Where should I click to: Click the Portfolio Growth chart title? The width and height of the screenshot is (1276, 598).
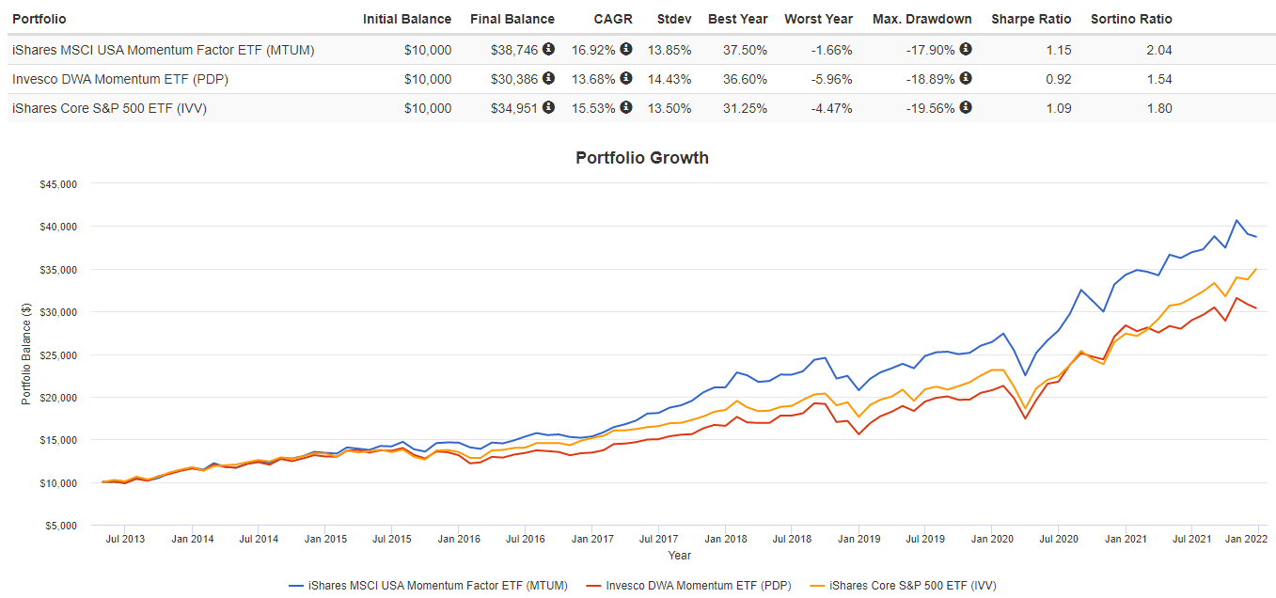(641, 158)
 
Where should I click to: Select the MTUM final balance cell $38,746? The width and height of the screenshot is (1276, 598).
(514, 50)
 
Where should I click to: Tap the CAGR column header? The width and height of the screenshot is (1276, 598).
(613, 19)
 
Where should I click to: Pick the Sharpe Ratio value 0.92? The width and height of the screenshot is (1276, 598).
(1058, 79)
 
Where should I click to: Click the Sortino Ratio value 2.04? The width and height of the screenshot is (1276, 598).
(1158, 50)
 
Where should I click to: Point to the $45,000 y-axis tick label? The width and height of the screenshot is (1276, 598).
(58, 184)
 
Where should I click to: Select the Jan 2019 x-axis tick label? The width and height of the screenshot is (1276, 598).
(859, 540)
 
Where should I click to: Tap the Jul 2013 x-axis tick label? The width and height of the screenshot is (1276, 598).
(125, 540)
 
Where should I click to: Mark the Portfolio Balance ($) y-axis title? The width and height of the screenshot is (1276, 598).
(25, 354)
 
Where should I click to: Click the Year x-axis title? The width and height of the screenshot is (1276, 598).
(679, 556)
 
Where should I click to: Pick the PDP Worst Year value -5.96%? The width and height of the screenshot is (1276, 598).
(831, 79)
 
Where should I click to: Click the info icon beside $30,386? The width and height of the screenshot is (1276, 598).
(548, 79)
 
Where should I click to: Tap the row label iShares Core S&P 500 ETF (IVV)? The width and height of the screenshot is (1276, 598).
(109, 108)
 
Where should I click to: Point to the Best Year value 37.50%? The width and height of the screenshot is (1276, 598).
(737, 50)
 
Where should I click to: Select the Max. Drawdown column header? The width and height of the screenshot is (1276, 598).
(922, 19)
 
